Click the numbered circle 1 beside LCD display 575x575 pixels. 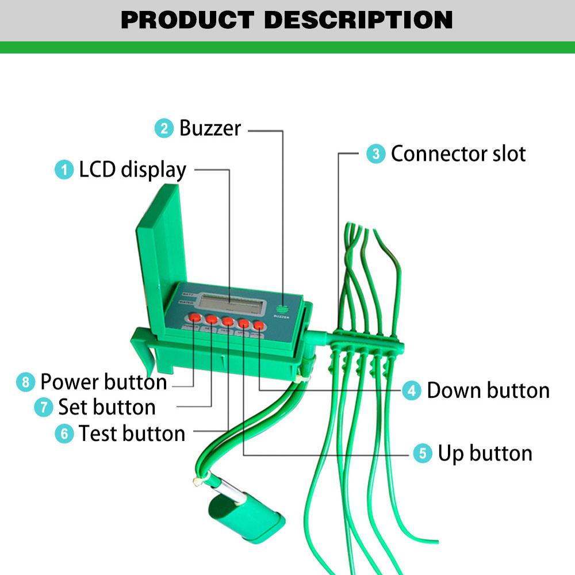[x=64, y=170]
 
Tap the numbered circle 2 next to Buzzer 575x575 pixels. [x=164, y=128]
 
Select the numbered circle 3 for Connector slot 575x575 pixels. [x=376, y=154]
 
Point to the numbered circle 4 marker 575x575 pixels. [x=411, y=391]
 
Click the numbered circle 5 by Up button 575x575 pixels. [x=423, y=454]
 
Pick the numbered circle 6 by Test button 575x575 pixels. [x=64, y=434]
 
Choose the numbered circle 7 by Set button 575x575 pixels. [x=44, y=408]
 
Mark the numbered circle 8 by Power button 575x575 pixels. [x=25, y=382]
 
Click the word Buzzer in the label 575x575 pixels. [x=210, y=128]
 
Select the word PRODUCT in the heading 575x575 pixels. [x=187, y=20]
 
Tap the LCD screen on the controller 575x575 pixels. [x=231, y=303]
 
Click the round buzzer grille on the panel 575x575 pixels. [x=282, y=308]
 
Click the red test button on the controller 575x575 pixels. [x=228, y=321]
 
